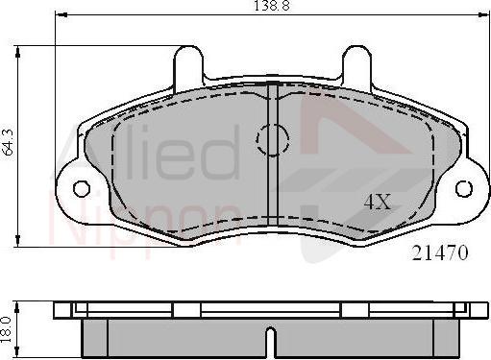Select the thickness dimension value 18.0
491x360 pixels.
(x=9, y=328)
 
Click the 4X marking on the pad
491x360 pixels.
(x=377, y=203)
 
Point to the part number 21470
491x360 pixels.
(x=440, y=254)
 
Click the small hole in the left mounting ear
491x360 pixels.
(x=81, y=187)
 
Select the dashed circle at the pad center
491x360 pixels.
(x=272, y=140)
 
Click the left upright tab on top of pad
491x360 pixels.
(x=188, y=65)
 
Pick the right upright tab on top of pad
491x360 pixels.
(x=356, y=65)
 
